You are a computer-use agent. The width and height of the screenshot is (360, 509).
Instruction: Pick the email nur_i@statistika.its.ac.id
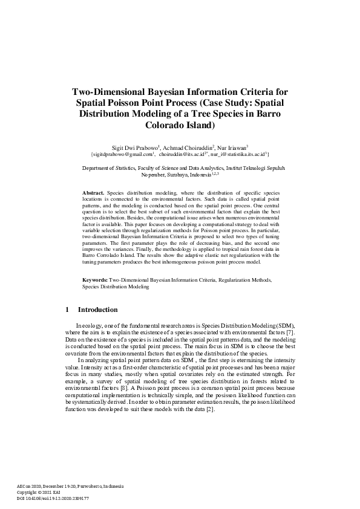(239, 155)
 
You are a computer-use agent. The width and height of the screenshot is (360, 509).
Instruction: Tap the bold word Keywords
(95, 280)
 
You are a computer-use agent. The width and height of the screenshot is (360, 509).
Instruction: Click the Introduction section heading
(98, 310)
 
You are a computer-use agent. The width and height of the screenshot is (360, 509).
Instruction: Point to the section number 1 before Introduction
(67, 310)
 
